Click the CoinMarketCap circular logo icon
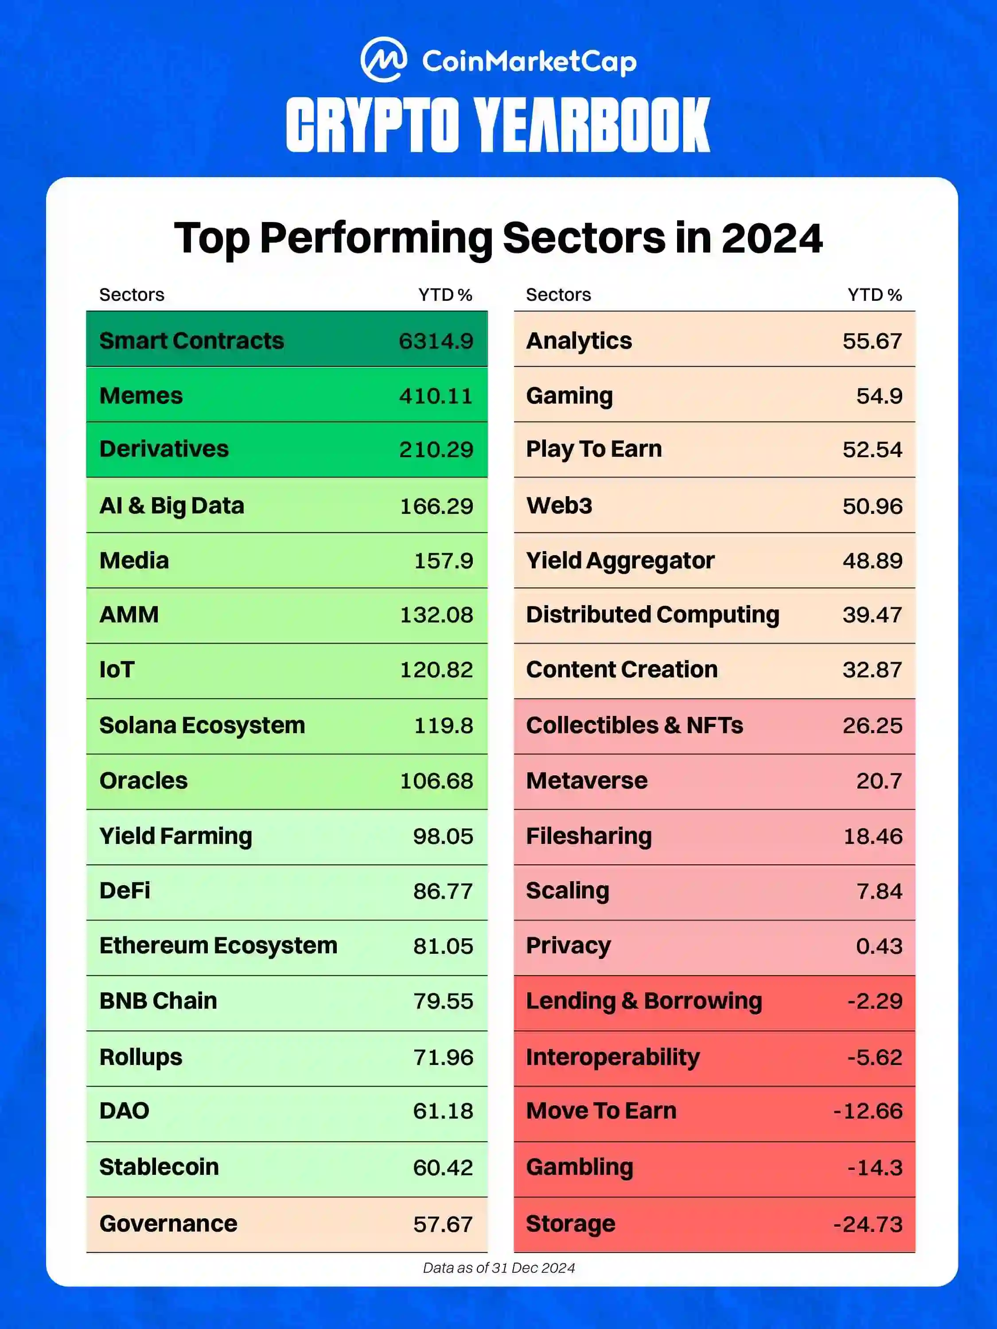point(383,59)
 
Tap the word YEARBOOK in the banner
point(592,125)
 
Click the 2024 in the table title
point(771,238)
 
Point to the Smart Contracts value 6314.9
point(436,341)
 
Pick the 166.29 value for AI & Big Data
point(436,506)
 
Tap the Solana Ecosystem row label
point(202,725)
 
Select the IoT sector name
point(117,669)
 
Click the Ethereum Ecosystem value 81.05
point(443,946)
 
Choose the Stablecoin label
point(159,1167)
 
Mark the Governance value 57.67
point(443,1224)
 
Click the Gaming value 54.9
point(879,395)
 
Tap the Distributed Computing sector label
point(653,614)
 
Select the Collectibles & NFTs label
point(634,725)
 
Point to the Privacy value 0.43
point(879,946)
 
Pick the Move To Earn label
point(601,1111)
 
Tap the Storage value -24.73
point(868,1224)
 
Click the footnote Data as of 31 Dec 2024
point(499,1268)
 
